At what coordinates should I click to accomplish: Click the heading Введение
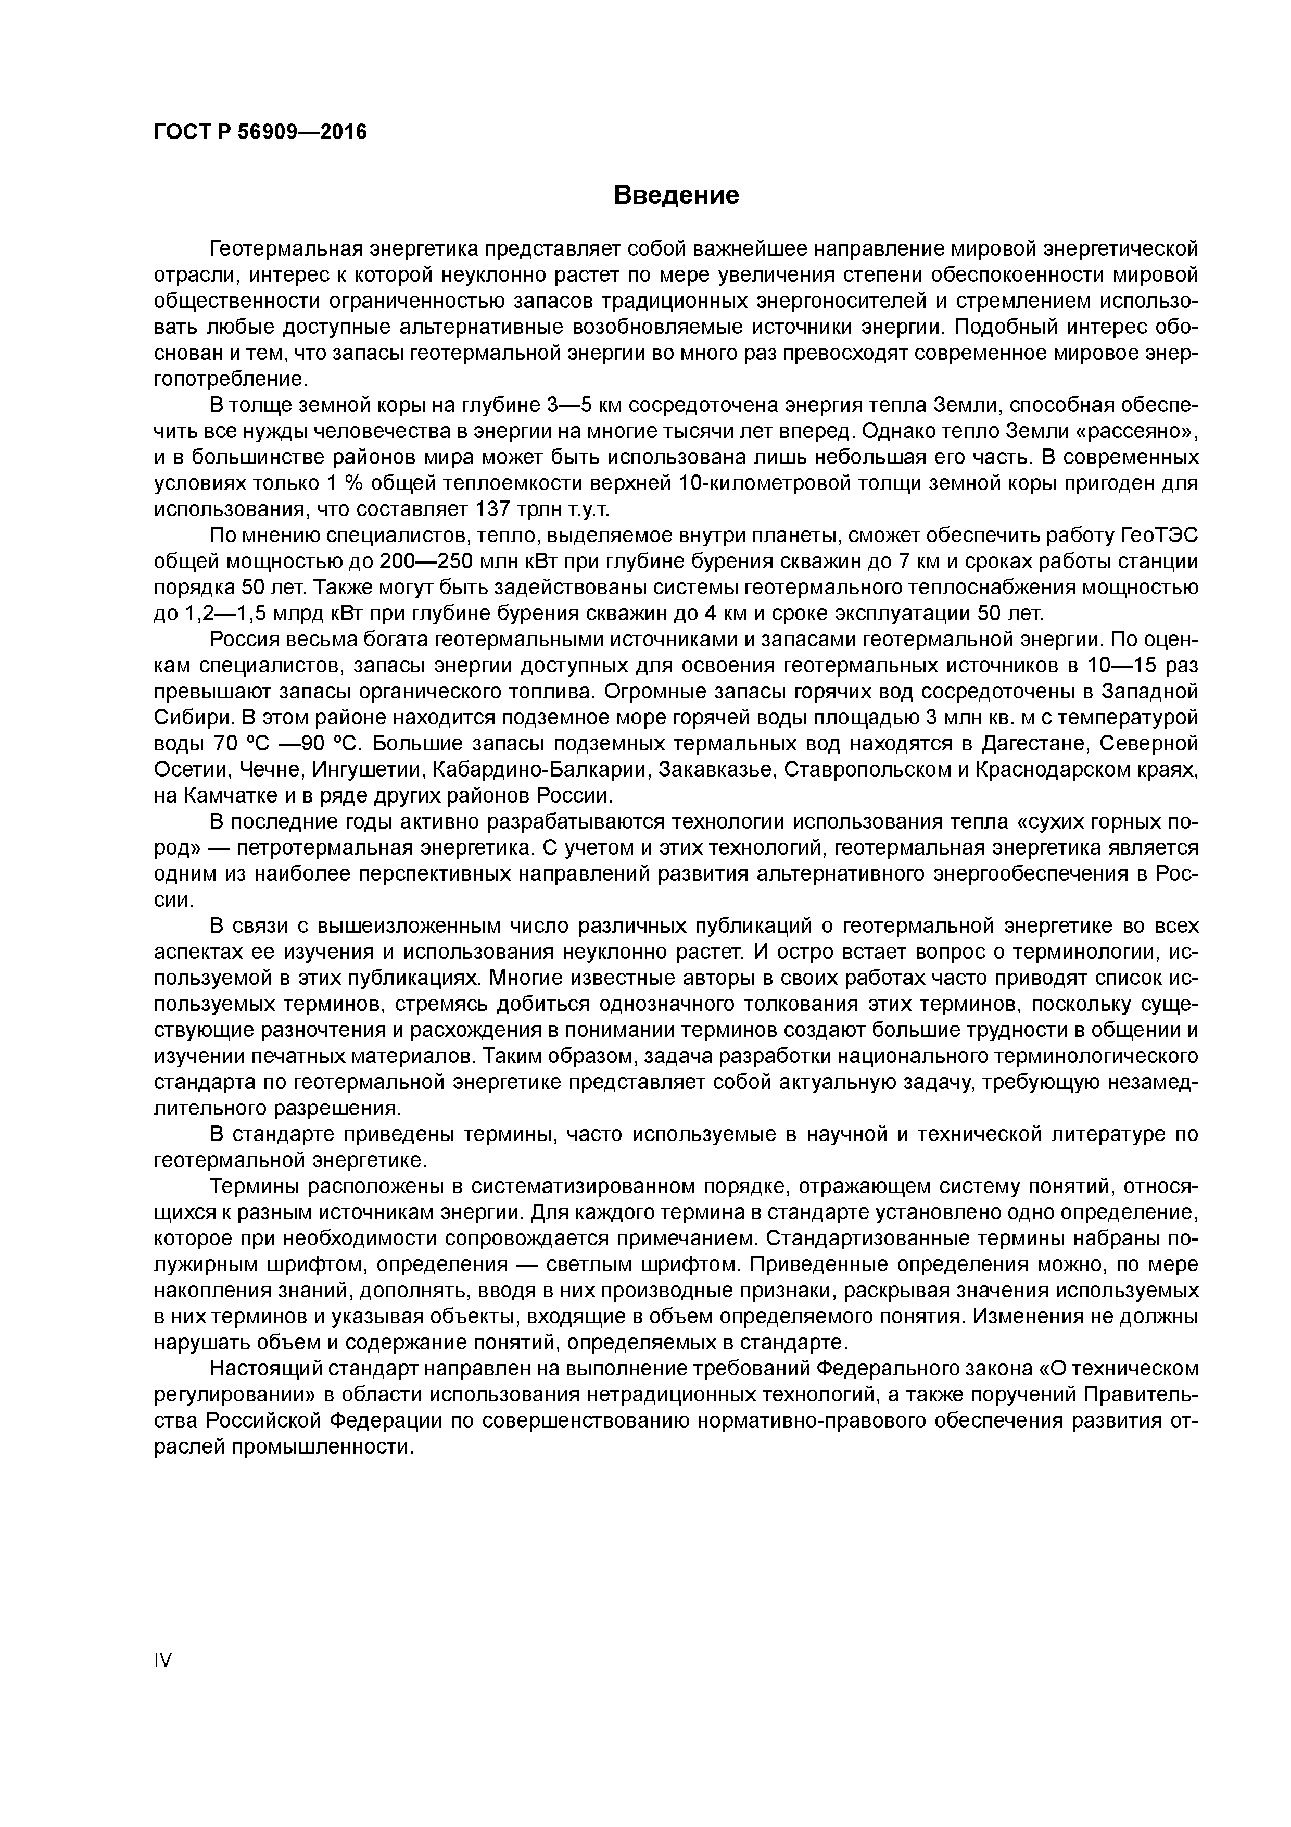coord(676,195)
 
